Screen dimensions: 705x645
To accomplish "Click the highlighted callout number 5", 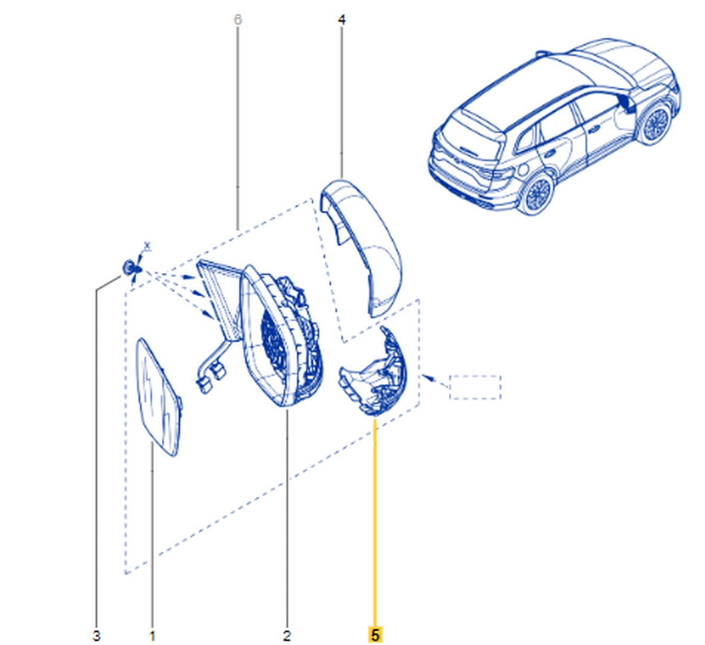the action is pos(375,635).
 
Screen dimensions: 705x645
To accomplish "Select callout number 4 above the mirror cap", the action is pos(342,20).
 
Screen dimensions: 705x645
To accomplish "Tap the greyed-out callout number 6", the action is pos(238,20).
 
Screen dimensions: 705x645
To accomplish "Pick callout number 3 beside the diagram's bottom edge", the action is pos(96,636).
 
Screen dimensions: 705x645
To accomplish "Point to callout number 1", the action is pos(152,636).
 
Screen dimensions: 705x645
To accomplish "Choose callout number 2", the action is pos(287,636).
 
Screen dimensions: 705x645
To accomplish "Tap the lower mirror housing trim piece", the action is pos(373,371).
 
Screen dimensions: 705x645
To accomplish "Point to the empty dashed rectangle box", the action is pos(475,387).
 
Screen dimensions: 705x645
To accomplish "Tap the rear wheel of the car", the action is pos(536,193).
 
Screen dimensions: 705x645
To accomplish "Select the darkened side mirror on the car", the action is pos(626,103).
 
